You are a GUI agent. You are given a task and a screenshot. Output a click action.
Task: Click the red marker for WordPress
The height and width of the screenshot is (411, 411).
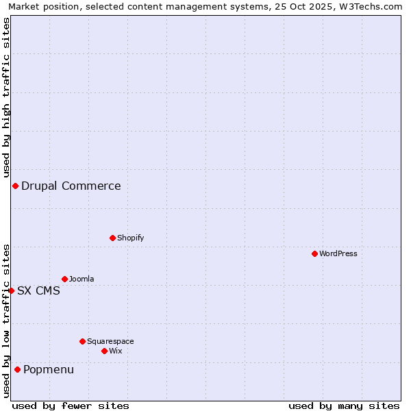coord(314,253)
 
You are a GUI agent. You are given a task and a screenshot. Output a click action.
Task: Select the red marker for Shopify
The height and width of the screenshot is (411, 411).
coord(112,238)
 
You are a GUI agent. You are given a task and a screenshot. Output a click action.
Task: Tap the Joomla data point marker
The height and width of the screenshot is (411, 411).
coord(64,279)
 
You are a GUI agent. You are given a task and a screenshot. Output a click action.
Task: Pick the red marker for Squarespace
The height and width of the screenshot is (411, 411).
coord(82,341)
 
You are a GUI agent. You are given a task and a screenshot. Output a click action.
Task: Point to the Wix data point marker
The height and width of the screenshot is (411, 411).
coord(104,351)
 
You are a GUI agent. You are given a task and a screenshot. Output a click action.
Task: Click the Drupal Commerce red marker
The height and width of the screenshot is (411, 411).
coord(15,186)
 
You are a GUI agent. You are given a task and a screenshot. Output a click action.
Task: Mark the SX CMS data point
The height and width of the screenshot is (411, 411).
coord(11,290)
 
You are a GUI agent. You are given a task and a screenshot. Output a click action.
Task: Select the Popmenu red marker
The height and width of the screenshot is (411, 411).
coord(17,370)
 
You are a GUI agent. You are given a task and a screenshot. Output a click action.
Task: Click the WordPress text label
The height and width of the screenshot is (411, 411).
coord(338,253)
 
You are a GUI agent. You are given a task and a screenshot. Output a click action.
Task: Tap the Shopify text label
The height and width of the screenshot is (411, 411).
coord(130,238)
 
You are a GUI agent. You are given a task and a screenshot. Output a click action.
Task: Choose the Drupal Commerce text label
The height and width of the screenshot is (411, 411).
coord(71,186)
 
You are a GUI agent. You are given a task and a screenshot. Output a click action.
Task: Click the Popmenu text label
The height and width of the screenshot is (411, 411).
coord(49,370)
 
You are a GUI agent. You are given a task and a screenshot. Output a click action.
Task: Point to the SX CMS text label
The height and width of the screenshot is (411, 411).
coord(38,290)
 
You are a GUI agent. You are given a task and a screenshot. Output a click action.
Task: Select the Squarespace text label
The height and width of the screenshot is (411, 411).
coord(110,341)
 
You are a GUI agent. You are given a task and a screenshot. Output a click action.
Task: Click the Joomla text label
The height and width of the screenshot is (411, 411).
coord(82,279)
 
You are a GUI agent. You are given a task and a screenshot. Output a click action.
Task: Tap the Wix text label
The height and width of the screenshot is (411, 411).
coord(115,351)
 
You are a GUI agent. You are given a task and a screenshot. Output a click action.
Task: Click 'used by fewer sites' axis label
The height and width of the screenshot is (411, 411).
coord(71,406)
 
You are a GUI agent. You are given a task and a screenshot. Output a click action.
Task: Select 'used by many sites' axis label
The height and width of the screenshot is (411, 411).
coord(344,406)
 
